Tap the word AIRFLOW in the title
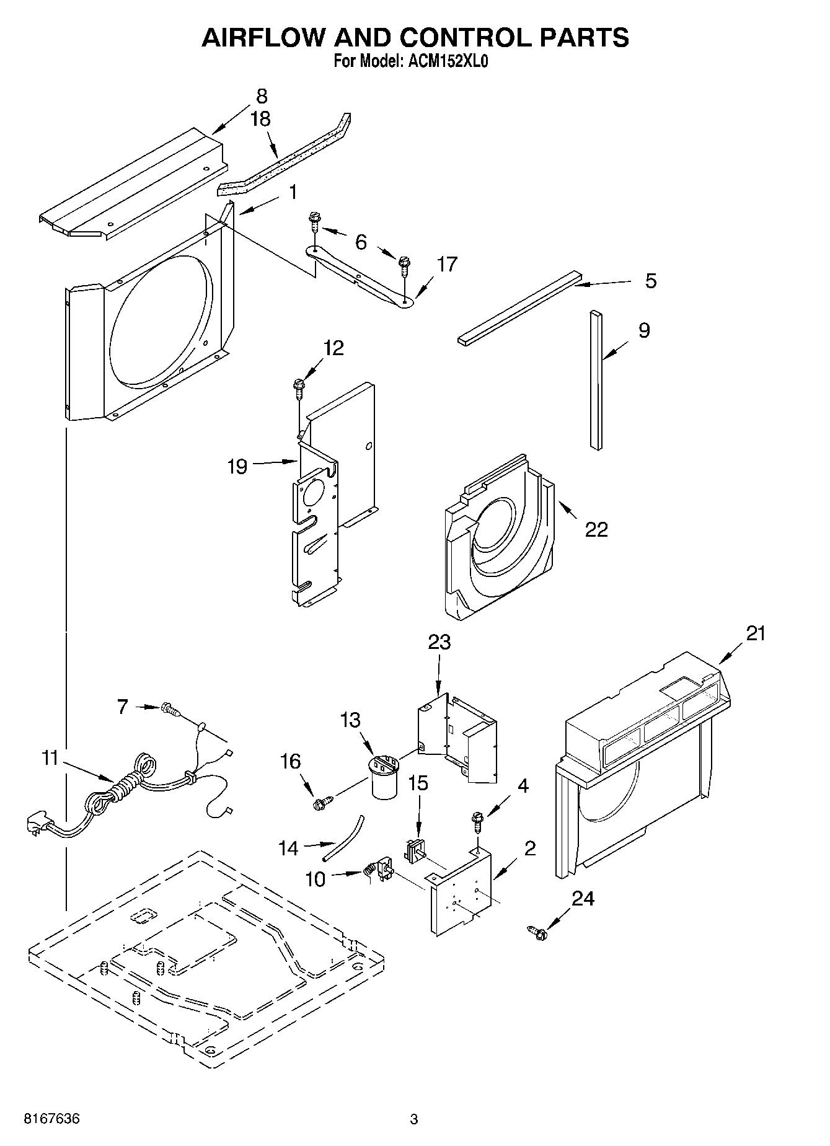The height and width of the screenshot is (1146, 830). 262,38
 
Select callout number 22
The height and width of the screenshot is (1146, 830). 596,529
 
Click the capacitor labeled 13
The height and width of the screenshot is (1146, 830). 384,779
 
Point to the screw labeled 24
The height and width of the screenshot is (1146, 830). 537,932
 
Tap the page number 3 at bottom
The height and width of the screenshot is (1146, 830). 413,1119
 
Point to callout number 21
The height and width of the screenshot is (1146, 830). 756,633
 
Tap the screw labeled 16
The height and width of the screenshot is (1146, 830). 321,804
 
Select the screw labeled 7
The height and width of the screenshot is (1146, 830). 169,708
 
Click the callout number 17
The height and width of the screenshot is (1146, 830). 446,264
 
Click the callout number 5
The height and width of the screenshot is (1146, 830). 650,281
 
